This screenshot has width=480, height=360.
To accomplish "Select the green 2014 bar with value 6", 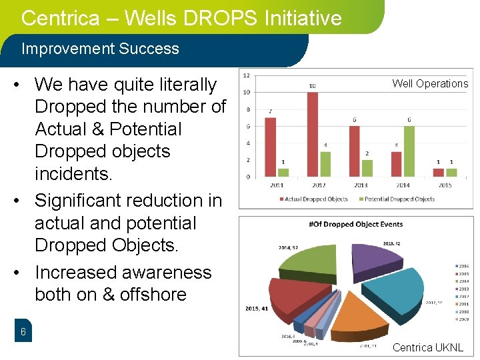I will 409,151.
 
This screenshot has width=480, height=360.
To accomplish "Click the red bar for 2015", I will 438,172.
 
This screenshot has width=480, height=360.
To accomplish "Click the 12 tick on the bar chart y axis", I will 247,75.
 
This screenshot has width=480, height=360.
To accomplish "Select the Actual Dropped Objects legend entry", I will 315,199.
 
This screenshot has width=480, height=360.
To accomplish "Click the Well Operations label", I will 430,83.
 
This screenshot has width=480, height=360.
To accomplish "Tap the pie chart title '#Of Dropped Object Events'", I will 356,224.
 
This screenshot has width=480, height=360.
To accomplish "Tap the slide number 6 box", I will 23,332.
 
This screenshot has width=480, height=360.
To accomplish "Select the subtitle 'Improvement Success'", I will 100,49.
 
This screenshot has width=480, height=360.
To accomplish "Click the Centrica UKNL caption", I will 427,347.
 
